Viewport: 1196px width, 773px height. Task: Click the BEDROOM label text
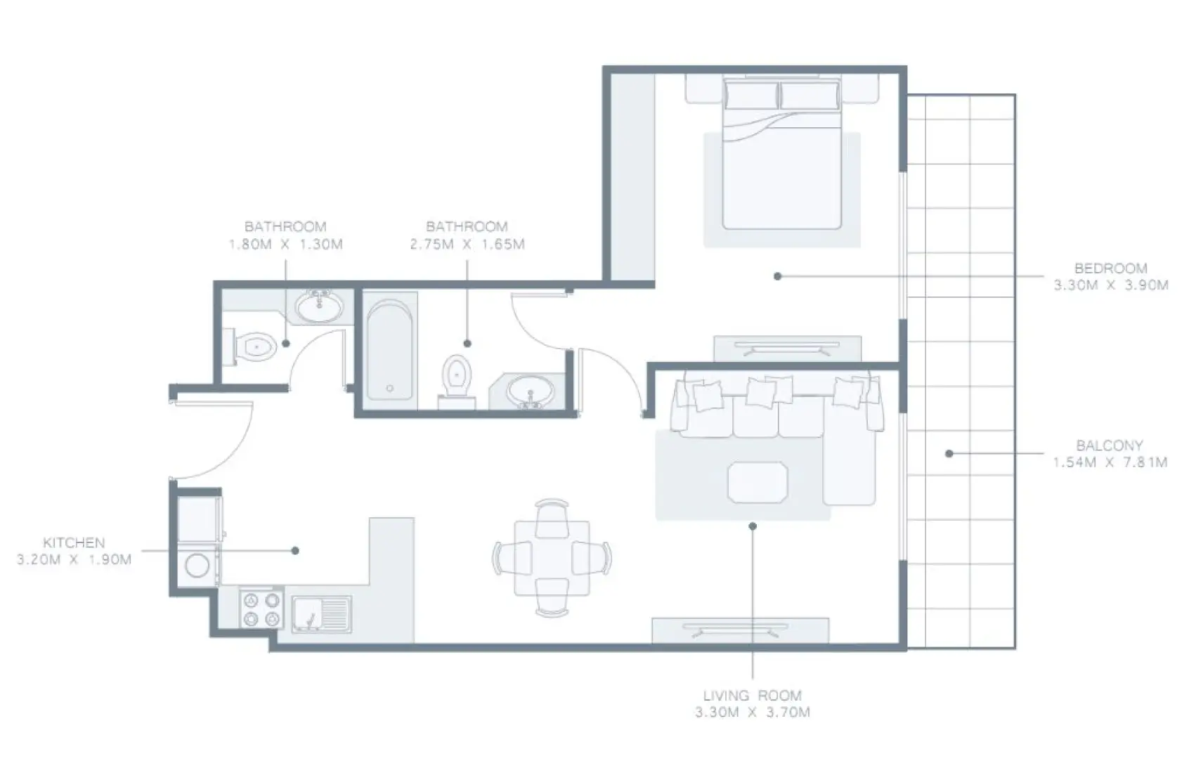click(1110, 268)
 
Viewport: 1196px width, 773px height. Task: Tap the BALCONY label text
click(1109, 446)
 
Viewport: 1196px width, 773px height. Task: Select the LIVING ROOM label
click(752, 696)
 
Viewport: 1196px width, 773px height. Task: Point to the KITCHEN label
click(74, 543)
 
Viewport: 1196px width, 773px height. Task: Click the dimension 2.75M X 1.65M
click(467, 245)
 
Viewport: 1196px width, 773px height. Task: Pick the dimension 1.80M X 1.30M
click(285, 245)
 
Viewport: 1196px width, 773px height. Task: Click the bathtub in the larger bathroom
click(389, 351)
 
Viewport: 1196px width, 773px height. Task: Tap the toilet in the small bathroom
click(254, 347)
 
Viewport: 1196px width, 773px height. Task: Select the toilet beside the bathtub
click(457, 376)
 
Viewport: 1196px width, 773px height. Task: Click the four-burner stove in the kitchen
click(261, 609)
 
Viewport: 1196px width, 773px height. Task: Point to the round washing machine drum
click(197, 565)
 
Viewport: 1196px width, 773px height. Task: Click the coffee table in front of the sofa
click(758, 482)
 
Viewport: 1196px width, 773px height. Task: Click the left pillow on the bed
click(752, 95)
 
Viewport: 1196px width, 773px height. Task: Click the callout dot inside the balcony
click(949, 454)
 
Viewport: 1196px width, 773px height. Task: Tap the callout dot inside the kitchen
click(295, 550)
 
